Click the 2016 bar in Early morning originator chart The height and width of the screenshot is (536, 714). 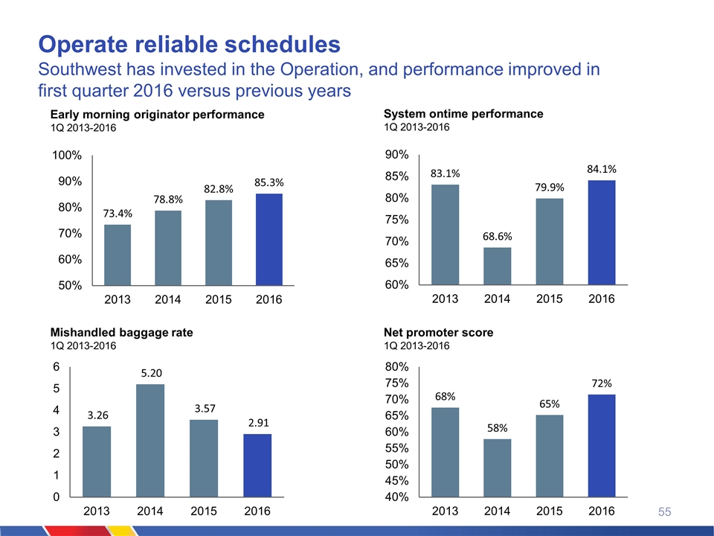(268, 239)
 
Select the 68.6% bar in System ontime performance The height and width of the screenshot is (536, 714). (497, 266)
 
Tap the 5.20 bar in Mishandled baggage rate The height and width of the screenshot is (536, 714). (150, 440)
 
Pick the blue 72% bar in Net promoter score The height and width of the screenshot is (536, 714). (601, 445)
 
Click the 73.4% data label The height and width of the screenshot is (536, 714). (118, 214)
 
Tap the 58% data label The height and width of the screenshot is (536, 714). (498, 428)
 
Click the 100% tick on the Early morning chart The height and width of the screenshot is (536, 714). (66, 156)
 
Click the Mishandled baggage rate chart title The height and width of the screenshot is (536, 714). (121, 334)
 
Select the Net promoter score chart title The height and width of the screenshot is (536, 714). (438, 333)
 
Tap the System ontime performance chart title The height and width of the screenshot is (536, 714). (463, 114)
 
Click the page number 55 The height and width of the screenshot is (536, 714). (664, 512)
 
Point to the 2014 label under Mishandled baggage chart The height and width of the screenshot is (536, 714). (150, 511)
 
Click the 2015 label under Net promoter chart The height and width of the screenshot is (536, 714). (550, 511)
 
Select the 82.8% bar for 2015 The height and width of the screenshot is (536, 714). (218, 242)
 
